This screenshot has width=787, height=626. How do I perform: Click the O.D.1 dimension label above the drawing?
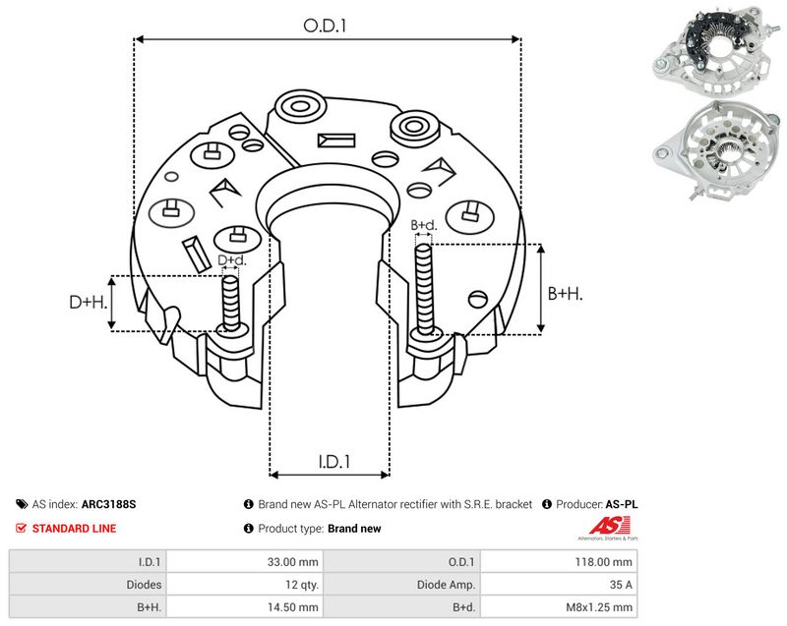pyautogui.click(x=325, y=26)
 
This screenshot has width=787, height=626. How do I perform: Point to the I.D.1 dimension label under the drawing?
pyautogui.click(x=334, y=462)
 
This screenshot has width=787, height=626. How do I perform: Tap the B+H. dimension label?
pyautogui.click(x=565, y=293)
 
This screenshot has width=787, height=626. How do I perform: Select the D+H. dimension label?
pyautogui.click(x=89, y=302)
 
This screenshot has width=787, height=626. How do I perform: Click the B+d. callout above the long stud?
pyautogui.click(x=424, y=225)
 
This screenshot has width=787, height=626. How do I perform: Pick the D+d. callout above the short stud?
pyautogui.click(x=232, y=260)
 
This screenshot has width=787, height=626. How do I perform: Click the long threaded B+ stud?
pyautogui.click(x=425, y=289)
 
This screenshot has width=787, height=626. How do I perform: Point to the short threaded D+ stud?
pyautogui.click(x=231, y=303)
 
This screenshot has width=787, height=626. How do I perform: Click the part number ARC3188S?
pyautogui.click(x=108, y=504)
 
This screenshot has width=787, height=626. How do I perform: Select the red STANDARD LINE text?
pyautogui.click(x=74, y=529)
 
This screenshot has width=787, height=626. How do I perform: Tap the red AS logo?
pyautogui.click(x=609, y=528)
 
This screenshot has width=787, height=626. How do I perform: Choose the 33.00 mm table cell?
pyautogui.click(x=292, y=562)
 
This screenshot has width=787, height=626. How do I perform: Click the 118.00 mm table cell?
pyautogui.click(x=603, y=562)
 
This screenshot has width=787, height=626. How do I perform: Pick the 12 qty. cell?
pyautogui.click(x=299, y=585)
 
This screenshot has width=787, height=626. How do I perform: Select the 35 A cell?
pyautogui.click(x=621, y=585)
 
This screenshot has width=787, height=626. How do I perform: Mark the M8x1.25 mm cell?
pyautogui.click(x=599, y=607)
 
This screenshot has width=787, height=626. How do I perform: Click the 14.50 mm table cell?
pyautogui.click(x=292, y=607)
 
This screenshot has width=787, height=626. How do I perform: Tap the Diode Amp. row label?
pyautogui.click(x=446, y=585)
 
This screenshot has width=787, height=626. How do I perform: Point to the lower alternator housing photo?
pyautogui.click(x=715, y=150)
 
